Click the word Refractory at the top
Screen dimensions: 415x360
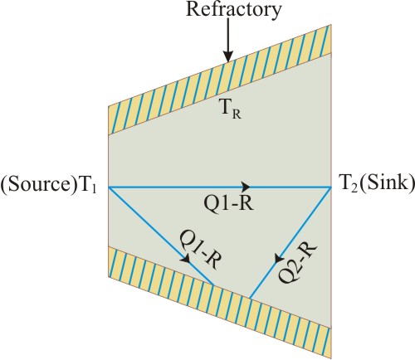[x=234, y=11]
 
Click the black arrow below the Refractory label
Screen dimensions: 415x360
[x=228, y=40]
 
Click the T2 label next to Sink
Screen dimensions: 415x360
[x=348, y=183]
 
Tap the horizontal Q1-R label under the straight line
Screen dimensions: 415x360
[x=228, y=205]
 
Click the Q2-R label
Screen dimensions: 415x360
[x=297, y=262]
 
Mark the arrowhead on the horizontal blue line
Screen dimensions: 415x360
[x=246, y=187]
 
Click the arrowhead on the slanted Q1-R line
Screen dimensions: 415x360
[x=186, y=259]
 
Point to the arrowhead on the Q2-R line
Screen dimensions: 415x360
[x=279, y=258]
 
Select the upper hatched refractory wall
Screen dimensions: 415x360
[x=220, y=80]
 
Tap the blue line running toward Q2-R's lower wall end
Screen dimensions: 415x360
[x=290, y=243]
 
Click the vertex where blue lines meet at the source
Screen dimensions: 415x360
[x=109, y=187]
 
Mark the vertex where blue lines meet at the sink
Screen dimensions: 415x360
[x=331, y=187]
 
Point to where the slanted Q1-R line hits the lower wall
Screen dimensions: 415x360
[x=213, y=285]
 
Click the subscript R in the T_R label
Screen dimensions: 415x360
[x=237, y=114]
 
